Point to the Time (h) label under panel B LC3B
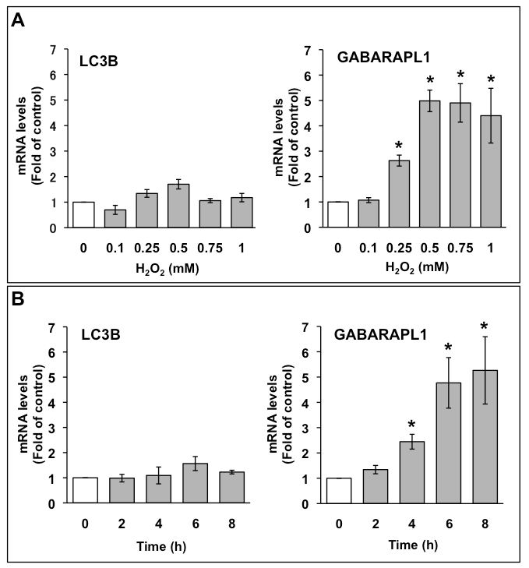pos(162,543)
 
